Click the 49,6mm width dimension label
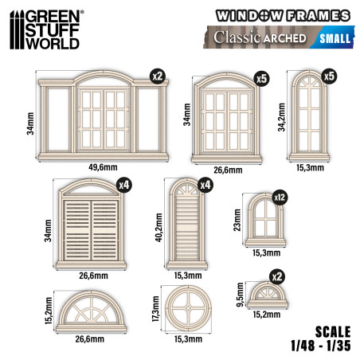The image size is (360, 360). point(103,166)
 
